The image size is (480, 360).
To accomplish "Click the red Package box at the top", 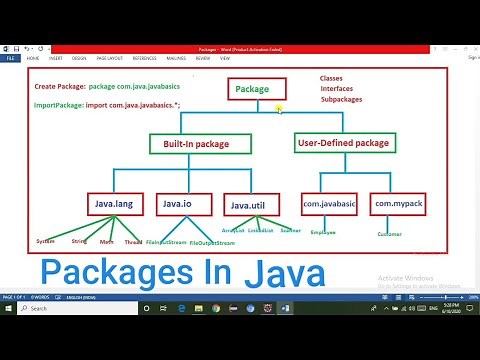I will click(x=253, y=89).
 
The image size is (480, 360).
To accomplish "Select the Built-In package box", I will click(x=189, y=144).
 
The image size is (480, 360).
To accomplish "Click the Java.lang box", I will click(x=114, y=206).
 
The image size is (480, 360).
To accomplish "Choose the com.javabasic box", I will click(x=330, y=206).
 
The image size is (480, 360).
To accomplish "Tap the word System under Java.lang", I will click(x=45, y=241).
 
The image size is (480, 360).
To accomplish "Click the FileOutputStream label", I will click(x=212, y=243).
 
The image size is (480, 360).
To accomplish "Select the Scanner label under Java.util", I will click(x=290, y=231).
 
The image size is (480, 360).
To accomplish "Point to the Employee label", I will click(x=322, y=232).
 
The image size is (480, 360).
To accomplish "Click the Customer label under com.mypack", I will click(x=389, y=234).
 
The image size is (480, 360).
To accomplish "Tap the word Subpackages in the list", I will click(x=342, y=100).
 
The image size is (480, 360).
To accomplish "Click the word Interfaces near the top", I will click(x=338, y=89).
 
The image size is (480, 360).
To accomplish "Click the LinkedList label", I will click(x=260, y=231).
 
